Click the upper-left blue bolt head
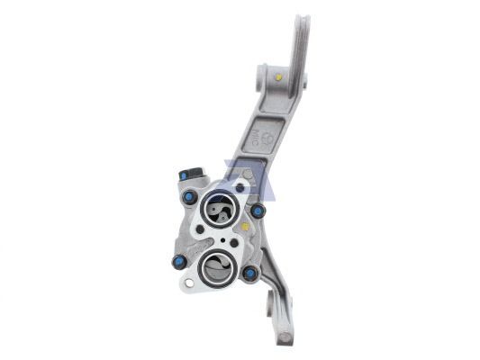[190, 197]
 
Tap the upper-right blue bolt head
[258, 211]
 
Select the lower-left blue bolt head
[179, 262]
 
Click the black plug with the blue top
[186, 175]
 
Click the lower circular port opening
[216, 267]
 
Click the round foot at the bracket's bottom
[285, 337]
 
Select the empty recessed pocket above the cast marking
[273, 107]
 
